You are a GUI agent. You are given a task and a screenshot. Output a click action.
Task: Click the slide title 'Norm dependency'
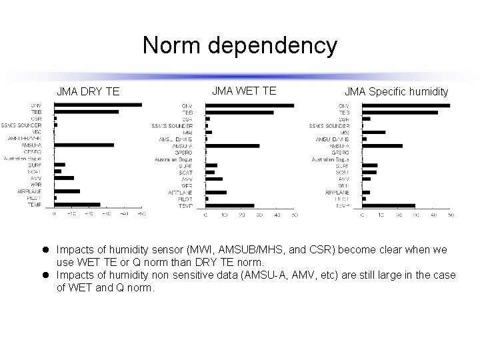pyautogui.click(x=240, y=46)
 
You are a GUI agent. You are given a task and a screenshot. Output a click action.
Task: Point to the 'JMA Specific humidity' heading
pyautogui.click(x=396, y=91)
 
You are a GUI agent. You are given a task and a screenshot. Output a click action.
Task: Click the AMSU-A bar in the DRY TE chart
pyautogui.click(x=84, y=145)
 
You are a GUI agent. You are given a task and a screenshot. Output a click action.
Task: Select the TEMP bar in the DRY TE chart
pyautogui.click(x=77, y=205)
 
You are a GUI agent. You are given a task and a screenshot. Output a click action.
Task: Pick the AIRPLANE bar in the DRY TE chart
pyautogui.click(x=67, y=191)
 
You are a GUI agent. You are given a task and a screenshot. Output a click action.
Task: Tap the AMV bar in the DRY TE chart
pyautogui.click(x=64, y=178)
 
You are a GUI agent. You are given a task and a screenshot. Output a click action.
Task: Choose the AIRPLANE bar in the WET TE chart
pyautogui.click(x=216, y=192)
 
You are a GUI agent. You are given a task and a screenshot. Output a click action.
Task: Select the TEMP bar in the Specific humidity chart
pyautogui.click(x=388, y=206)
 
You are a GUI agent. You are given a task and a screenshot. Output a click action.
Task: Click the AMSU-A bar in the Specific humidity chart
pyautogui.click(x=382, y=145)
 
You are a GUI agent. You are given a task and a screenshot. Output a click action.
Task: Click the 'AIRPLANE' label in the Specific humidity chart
pyautogui.click(x=337, y=192)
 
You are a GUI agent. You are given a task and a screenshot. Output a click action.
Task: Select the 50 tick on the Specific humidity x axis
pyautogui.click(x=450, y=215)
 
